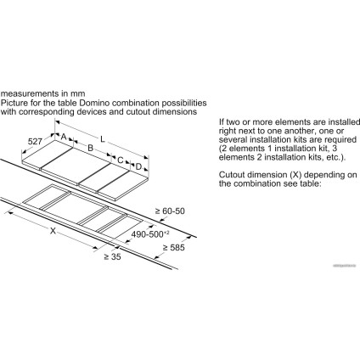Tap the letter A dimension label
click(x=64, y=134)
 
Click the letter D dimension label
click(x=138, y=167)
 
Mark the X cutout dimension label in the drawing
click(x=53, y=229)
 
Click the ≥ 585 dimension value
click(x=172, y=246)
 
